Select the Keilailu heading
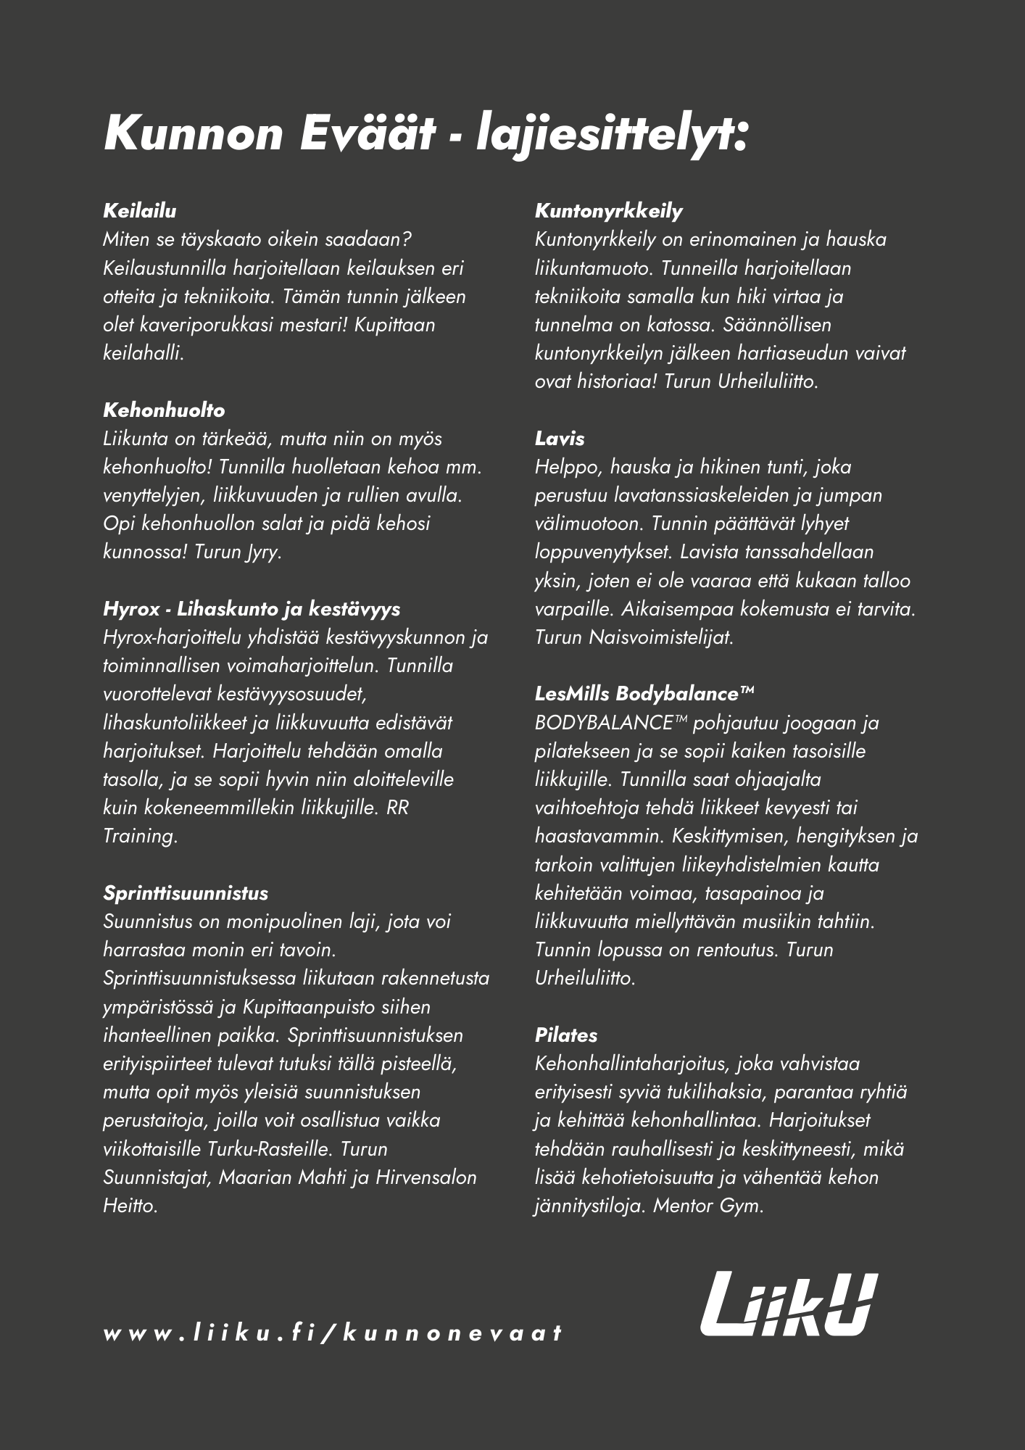tap(140, 211)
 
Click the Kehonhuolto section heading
tap(164, 410)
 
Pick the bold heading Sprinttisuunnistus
tap(186, 893)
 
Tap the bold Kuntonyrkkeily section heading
tap(609, 211)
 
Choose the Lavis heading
tap(560, 439)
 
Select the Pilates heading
tap(566, 1035)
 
